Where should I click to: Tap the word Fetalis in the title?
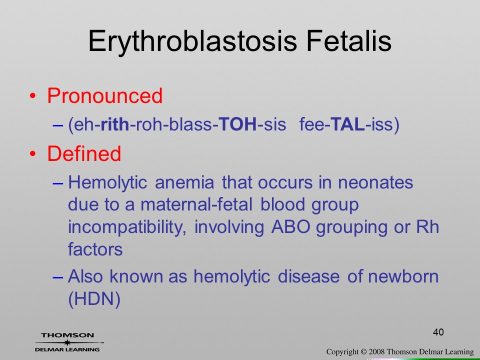(x=348, y=41)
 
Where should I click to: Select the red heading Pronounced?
(x=104, y=95)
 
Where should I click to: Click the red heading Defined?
(x=84, y=153)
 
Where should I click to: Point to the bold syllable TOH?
(x=238, y=124)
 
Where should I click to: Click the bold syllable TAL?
(x=348, y=124)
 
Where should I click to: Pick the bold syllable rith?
(x=115, y=124)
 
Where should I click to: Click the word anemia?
(x=184, y=183)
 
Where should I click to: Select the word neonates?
(x=375, y=183)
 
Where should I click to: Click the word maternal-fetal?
(x=196, y=204)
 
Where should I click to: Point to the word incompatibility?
(x=127, y=228)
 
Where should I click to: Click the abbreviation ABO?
(x=291, y=227)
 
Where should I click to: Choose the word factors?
(x=95, y=249)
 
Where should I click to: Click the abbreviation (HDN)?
(x=94, y=299)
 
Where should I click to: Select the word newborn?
(x=403, y=276)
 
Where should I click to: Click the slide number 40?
(x=438, y=332)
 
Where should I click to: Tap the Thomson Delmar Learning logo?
(x=68, y=342)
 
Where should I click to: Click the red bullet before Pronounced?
(x=33, y=96)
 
